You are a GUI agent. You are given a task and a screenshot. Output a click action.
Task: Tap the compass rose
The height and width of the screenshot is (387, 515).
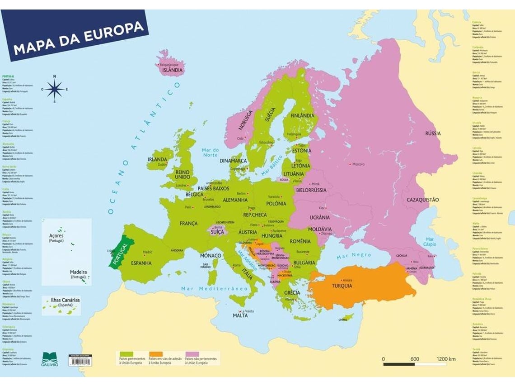pos(55,89)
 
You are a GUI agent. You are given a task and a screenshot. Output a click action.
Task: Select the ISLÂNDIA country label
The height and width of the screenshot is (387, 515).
pos(173,70)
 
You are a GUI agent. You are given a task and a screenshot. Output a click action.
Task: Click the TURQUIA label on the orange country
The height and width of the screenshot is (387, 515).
pos(342,286)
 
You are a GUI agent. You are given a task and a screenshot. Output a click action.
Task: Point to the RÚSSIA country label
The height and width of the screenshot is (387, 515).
pos(433,133)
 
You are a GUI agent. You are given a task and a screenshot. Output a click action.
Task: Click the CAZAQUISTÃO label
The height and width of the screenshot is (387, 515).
pos(422,200)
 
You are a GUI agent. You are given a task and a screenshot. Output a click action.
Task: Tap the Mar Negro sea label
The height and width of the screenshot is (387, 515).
pos(353,256)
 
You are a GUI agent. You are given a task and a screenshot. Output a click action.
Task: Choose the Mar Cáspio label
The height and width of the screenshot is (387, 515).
pos(430,242)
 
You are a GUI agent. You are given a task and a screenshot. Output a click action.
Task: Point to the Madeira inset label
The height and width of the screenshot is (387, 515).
pos(78,272)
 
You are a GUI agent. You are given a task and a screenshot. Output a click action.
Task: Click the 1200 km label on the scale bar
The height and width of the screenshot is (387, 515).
pos(445,359)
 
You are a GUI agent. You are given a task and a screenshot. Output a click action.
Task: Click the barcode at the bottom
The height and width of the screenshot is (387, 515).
pos(79,361)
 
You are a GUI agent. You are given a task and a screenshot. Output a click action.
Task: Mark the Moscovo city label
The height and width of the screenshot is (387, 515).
pos(358,164)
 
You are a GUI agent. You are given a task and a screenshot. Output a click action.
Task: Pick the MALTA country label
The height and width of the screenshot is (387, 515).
pos(240,315)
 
